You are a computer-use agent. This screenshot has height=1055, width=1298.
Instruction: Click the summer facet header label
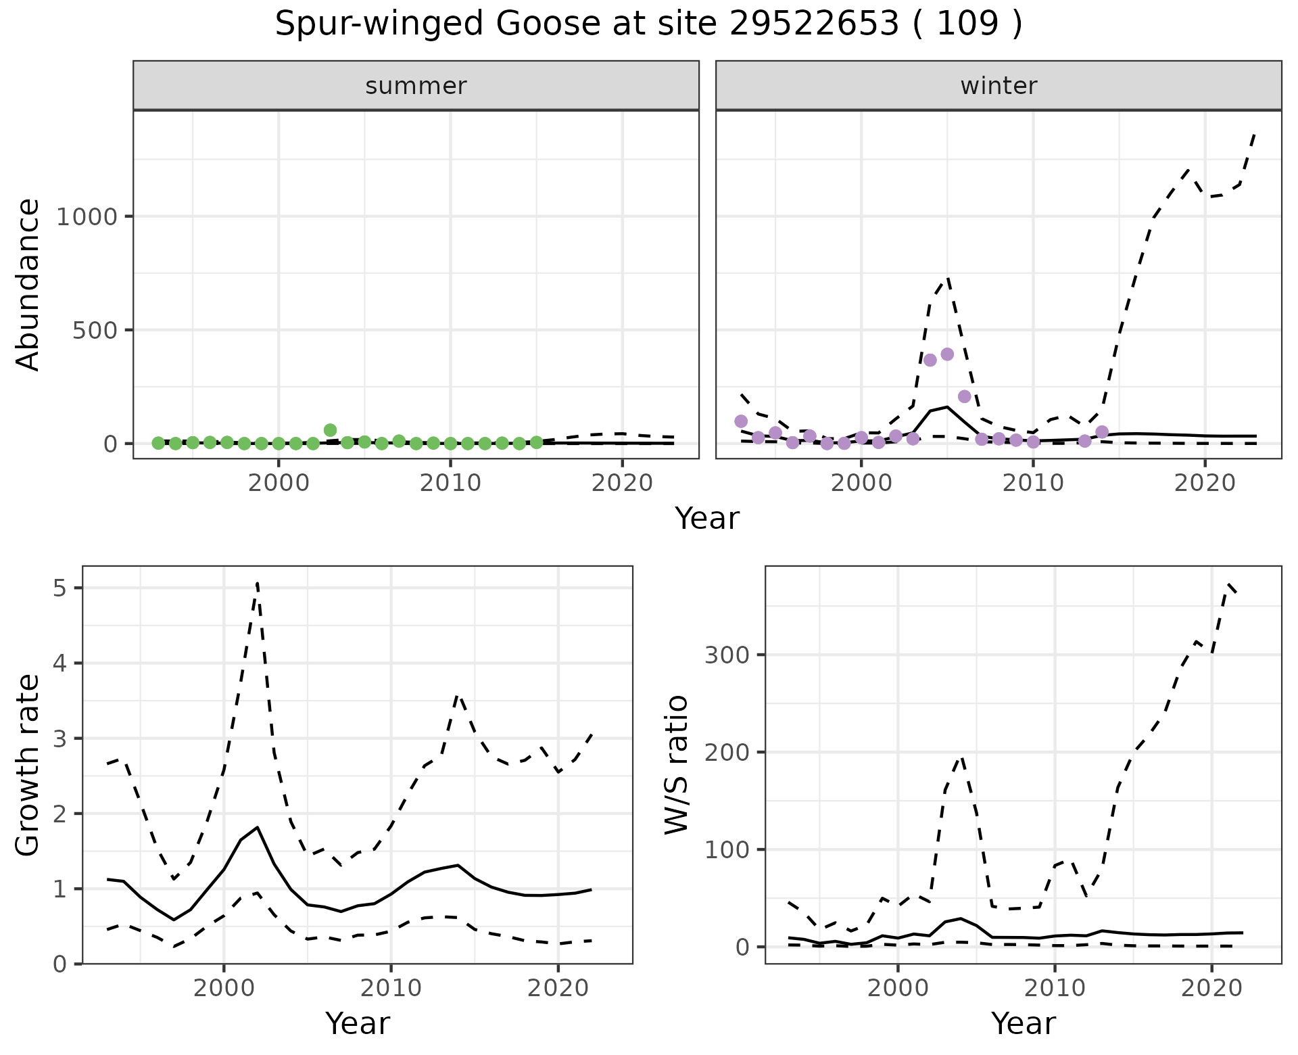416,86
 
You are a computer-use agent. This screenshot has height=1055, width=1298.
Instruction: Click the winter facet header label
999,86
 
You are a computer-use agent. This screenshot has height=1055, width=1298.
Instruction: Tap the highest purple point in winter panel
947,354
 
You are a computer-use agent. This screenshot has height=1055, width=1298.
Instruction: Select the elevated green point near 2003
330,430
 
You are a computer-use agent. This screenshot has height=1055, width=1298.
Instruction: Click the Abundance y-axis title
28,285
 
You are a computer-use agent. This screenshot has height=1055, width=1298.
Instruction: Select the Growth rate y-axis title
28,765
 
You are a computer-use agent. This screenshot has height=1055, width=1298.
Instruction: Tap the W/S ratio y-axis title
676,765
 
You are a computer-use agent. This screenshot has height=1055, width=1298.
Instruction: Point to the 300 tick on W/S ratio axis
727,655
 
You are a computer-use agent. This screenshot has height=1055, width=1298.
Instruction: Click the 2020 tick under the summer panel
622,484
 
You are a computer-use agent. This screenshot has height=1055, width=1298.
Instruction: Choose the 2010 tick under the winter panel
1033,484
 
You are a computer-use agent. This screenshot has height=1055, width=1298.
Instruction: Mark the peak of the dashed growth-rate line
258,583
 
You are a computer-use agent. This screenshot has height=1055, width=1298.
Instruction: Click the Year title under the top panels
707,519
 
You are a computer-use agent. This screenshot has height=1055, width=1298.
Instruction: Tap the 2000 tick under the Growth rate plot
224,988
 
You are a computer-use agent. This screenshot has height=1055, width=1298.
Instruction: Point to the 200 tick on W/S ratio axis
727,753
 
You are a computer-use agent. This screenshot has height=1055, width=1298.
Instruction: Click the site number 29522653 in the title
814,24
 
